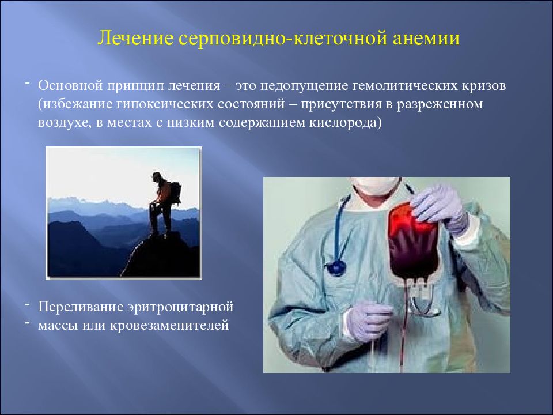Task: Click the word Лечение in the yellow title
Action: coord(135,38)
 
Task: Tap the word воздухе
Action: coord(65,123)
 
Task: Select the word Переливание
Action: coord(79,307)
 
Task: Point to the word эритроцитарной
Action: coord(180,307)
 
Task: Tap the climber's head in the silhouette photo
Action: coord(156,176)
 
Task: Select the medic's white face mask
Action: coord(376,185)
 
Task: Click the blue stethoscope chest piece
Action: coord(336,267)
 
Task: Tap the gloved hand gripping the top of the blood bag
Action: coord(441,209)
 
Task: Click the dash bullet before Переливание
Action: coord(27,304)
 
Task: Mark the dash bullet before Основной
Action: coord(27,83)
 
